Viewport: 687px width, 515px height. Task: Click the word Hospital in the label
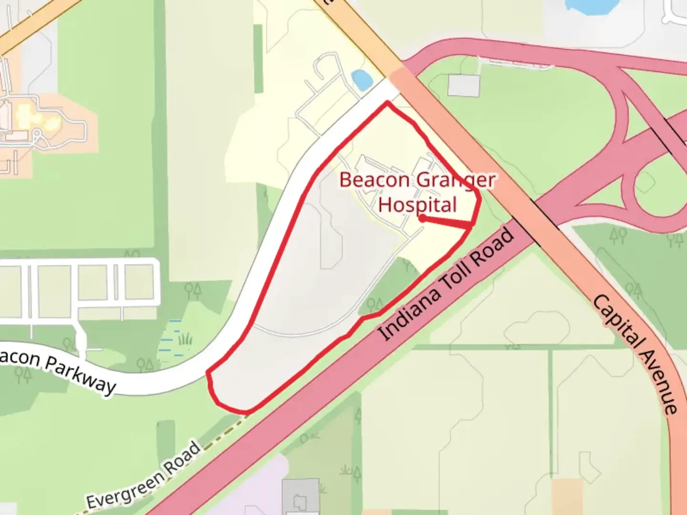[x=417, y=205]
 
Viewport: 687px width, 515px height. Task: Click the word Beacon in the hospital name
[x=374, y=180]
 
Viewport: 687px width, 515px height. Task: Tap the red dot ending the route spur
[x=422, y=218]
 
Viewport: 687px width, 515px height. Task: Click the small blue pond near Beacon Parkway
[x=361, y=79]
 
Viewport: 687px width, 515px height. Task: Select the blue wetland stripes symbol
[x=170, y=336]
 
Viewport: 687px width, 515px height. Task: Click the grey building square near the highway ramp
[x=464, y=86]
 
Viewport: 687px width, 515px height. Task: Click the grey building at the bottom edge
[x=301, y=498]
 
